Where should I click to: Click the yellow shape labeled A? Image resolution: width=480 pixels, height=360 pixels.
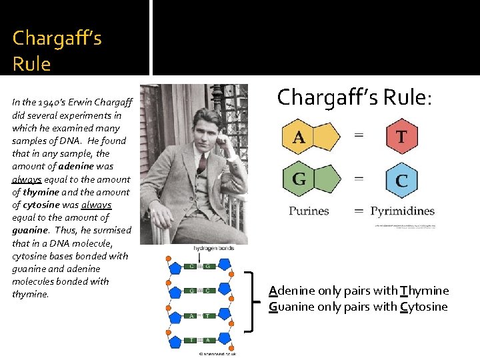tap(309, 137)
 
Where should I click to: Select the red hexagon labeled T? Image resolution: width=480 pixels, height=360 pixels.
tap(402, 137)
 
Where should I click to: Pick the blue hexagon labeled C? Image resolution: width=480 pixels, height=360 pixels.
tap(402, 181)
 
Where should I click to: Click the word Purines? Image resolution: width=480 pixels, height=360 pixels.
tap(309, 211)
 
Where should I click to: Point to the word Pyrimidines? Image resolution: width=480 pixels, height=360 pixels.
tap(402, 211)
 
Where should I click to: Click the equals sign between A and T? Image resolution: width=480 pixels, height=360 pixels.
tap(359, 135)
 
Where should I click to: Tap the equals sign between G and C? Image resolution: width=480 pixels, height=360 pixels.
tap(359, 179)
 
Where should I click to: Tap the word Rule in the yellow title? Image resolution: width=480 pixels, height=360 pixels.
tap(31, 64)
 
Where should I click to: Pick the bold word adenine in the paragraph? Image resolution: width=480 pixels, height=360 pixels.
tap(95, 167)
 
